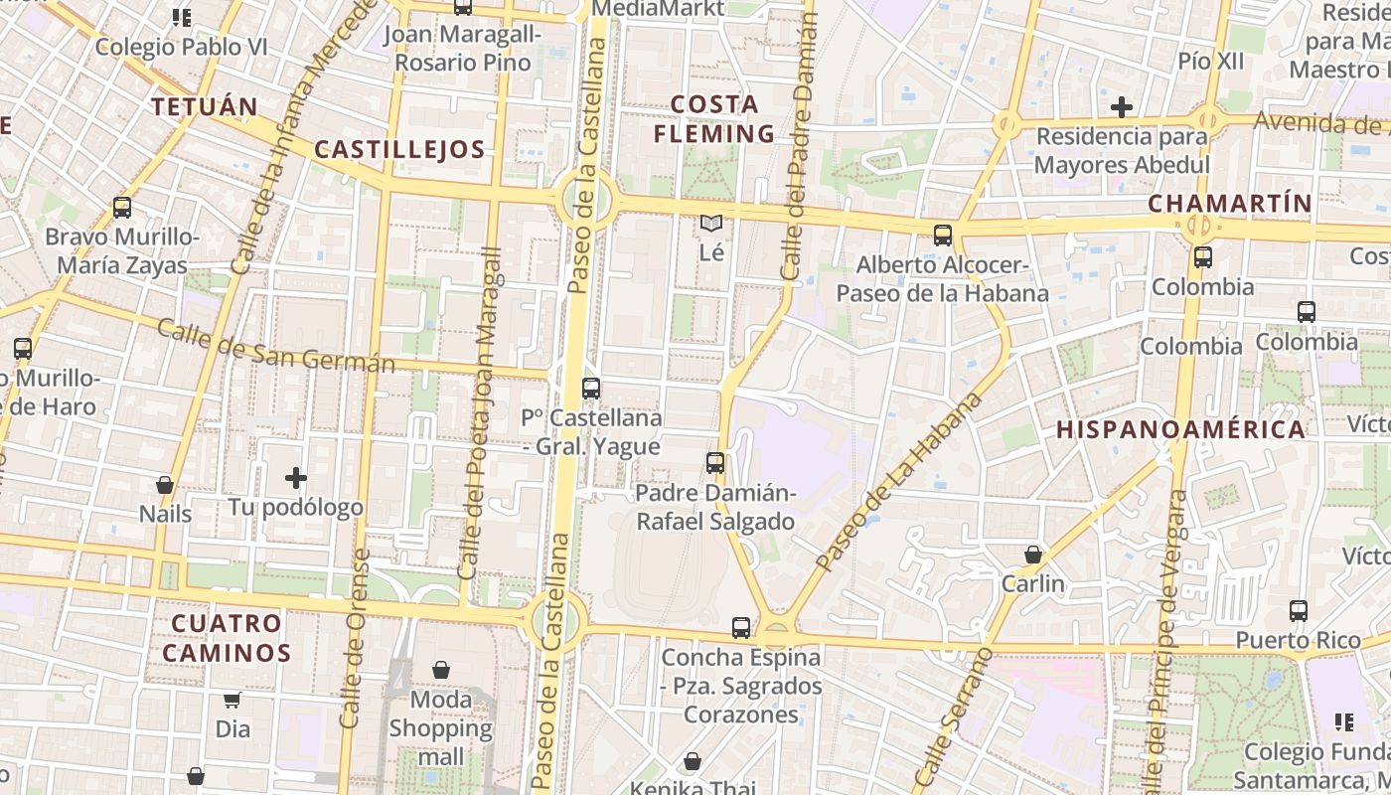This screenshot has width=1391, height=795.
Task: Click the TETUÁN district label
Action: pos(204,106)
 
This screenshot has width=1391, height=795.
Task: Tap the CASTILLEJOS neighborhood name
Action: pos(399,150)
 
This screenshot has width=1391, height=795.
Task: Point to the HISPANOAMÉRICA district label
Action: pos(1180,429)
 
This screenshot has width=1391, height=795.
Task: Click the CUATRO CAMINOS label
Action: pos(227,638)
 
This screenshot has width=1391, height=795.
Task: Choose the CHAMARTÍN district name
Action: pos(1230,204)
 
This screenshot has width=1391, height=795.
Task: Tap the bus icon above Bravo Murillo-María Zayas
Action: pos(122,208)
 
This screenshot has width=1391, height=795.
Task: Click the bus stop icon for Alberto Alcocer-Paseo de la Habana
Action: pos(942,236)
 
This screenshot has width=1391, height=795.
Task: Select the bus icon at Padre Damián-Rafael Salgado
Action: pos(715,463)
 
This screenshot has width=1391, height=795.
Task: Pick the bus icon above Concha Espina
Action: pos(741,628)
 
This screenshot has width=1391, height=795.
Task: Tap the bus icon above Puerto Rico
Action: pos(1298,611)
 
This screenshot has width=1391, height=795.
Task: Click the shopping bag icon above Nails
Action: pos(165,485)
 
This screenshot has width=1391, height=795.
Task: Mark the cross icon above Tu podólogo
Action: pos(296,479)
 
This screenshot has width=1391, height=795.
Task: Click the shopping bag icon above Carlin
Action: pos(1033,555)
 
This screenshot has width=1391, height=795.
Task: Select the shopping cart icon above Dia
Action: pos(232,700)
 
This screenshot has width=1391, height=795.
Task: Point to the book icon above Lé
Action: pos(711,224)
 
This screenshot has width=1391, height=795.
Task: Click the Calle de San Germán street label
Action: pos(275,347)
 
